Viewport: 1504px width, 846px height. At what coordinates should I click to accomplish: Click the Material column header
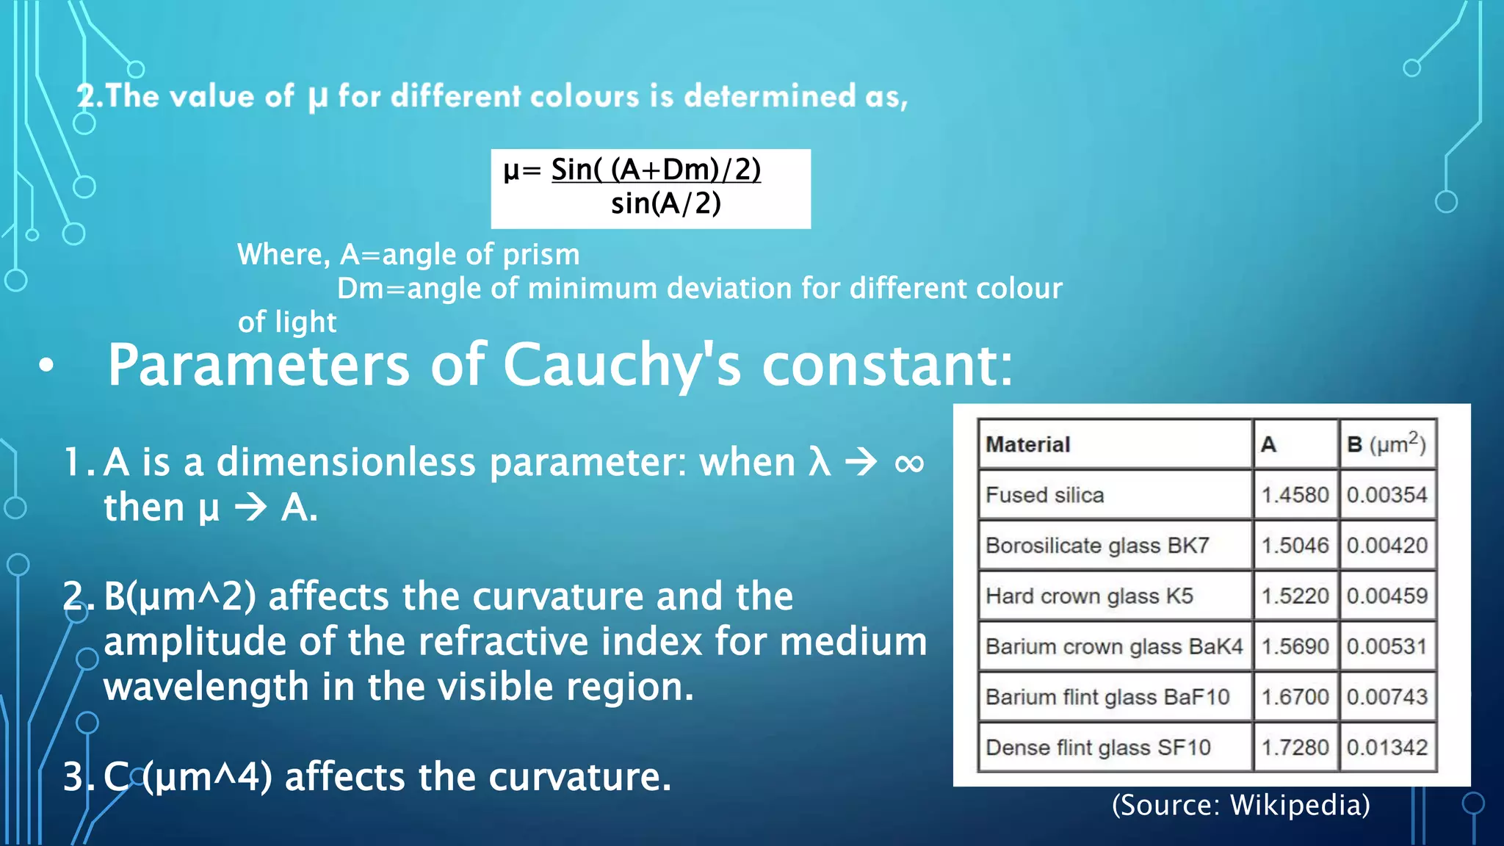(x=1027, y=444)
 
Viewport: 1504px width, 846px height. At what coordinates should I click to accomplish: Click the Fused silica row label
(x=1044, y=495)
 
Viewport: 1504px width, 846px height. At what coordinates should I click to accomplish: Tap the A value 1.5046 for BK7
(x=1295, y=546)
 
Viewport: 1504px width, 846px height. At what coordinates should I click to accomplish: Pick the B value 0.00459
(x=1386, y=596)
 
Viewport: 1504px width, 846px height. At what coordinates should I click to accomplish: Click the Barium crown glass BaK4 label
(x=1113, y=646)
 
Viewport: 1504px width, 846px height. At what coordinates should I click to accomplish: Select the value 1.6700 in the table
(x=1295, y=696)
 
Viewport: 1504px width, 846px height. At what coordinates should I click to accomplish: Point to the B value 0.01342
(x=1386, y=747)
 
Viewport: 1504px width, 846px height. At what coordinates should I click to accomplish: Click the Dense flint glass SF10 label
(x=1098, y=747)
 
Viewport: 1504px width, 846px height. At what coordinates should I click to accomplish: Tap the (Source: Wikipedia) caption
(x=1240, y=805)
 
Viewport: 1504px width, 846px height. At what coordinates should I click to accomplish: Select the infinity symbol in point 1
(x=909, y=463)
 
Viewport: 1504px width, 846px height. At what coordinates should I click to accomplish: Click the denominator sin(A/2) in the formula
(x=665, y=203)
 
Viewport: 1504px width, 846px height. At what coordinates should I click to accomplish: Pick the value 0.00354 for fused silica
(x=1386, y=495)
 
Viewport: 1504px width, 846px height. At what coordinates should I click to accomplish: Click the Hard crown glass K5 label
(x=1089, y=596)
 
